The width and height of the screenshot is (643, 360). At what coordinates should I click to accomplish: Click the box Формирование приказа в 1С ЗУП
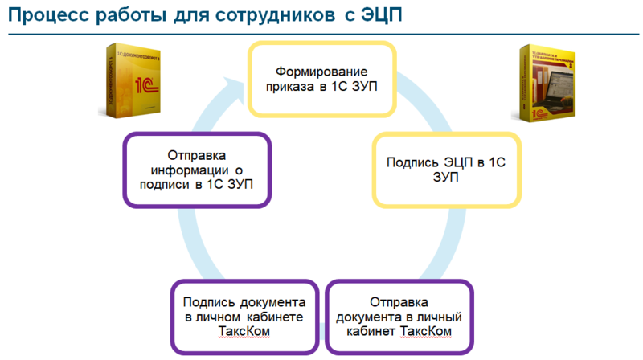click(x=321, y=77)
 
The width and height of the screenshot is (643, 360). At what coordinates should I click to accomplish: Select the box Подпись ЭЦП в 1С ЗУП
click(x=445, y=170)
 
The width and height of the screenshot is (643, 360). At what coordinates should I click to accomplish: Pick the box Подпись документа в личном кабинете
click(x=244, y=317)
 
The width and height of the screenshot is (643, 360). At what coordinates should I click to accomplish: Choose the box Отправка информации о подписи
click(x=196, y=170)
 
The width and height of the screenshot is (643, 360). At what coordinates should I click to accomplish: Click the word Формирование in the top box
click(x=321, y=69)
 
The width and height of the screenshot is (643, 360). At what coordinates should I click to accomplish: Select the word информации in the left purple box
click(x=190, y=170)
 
